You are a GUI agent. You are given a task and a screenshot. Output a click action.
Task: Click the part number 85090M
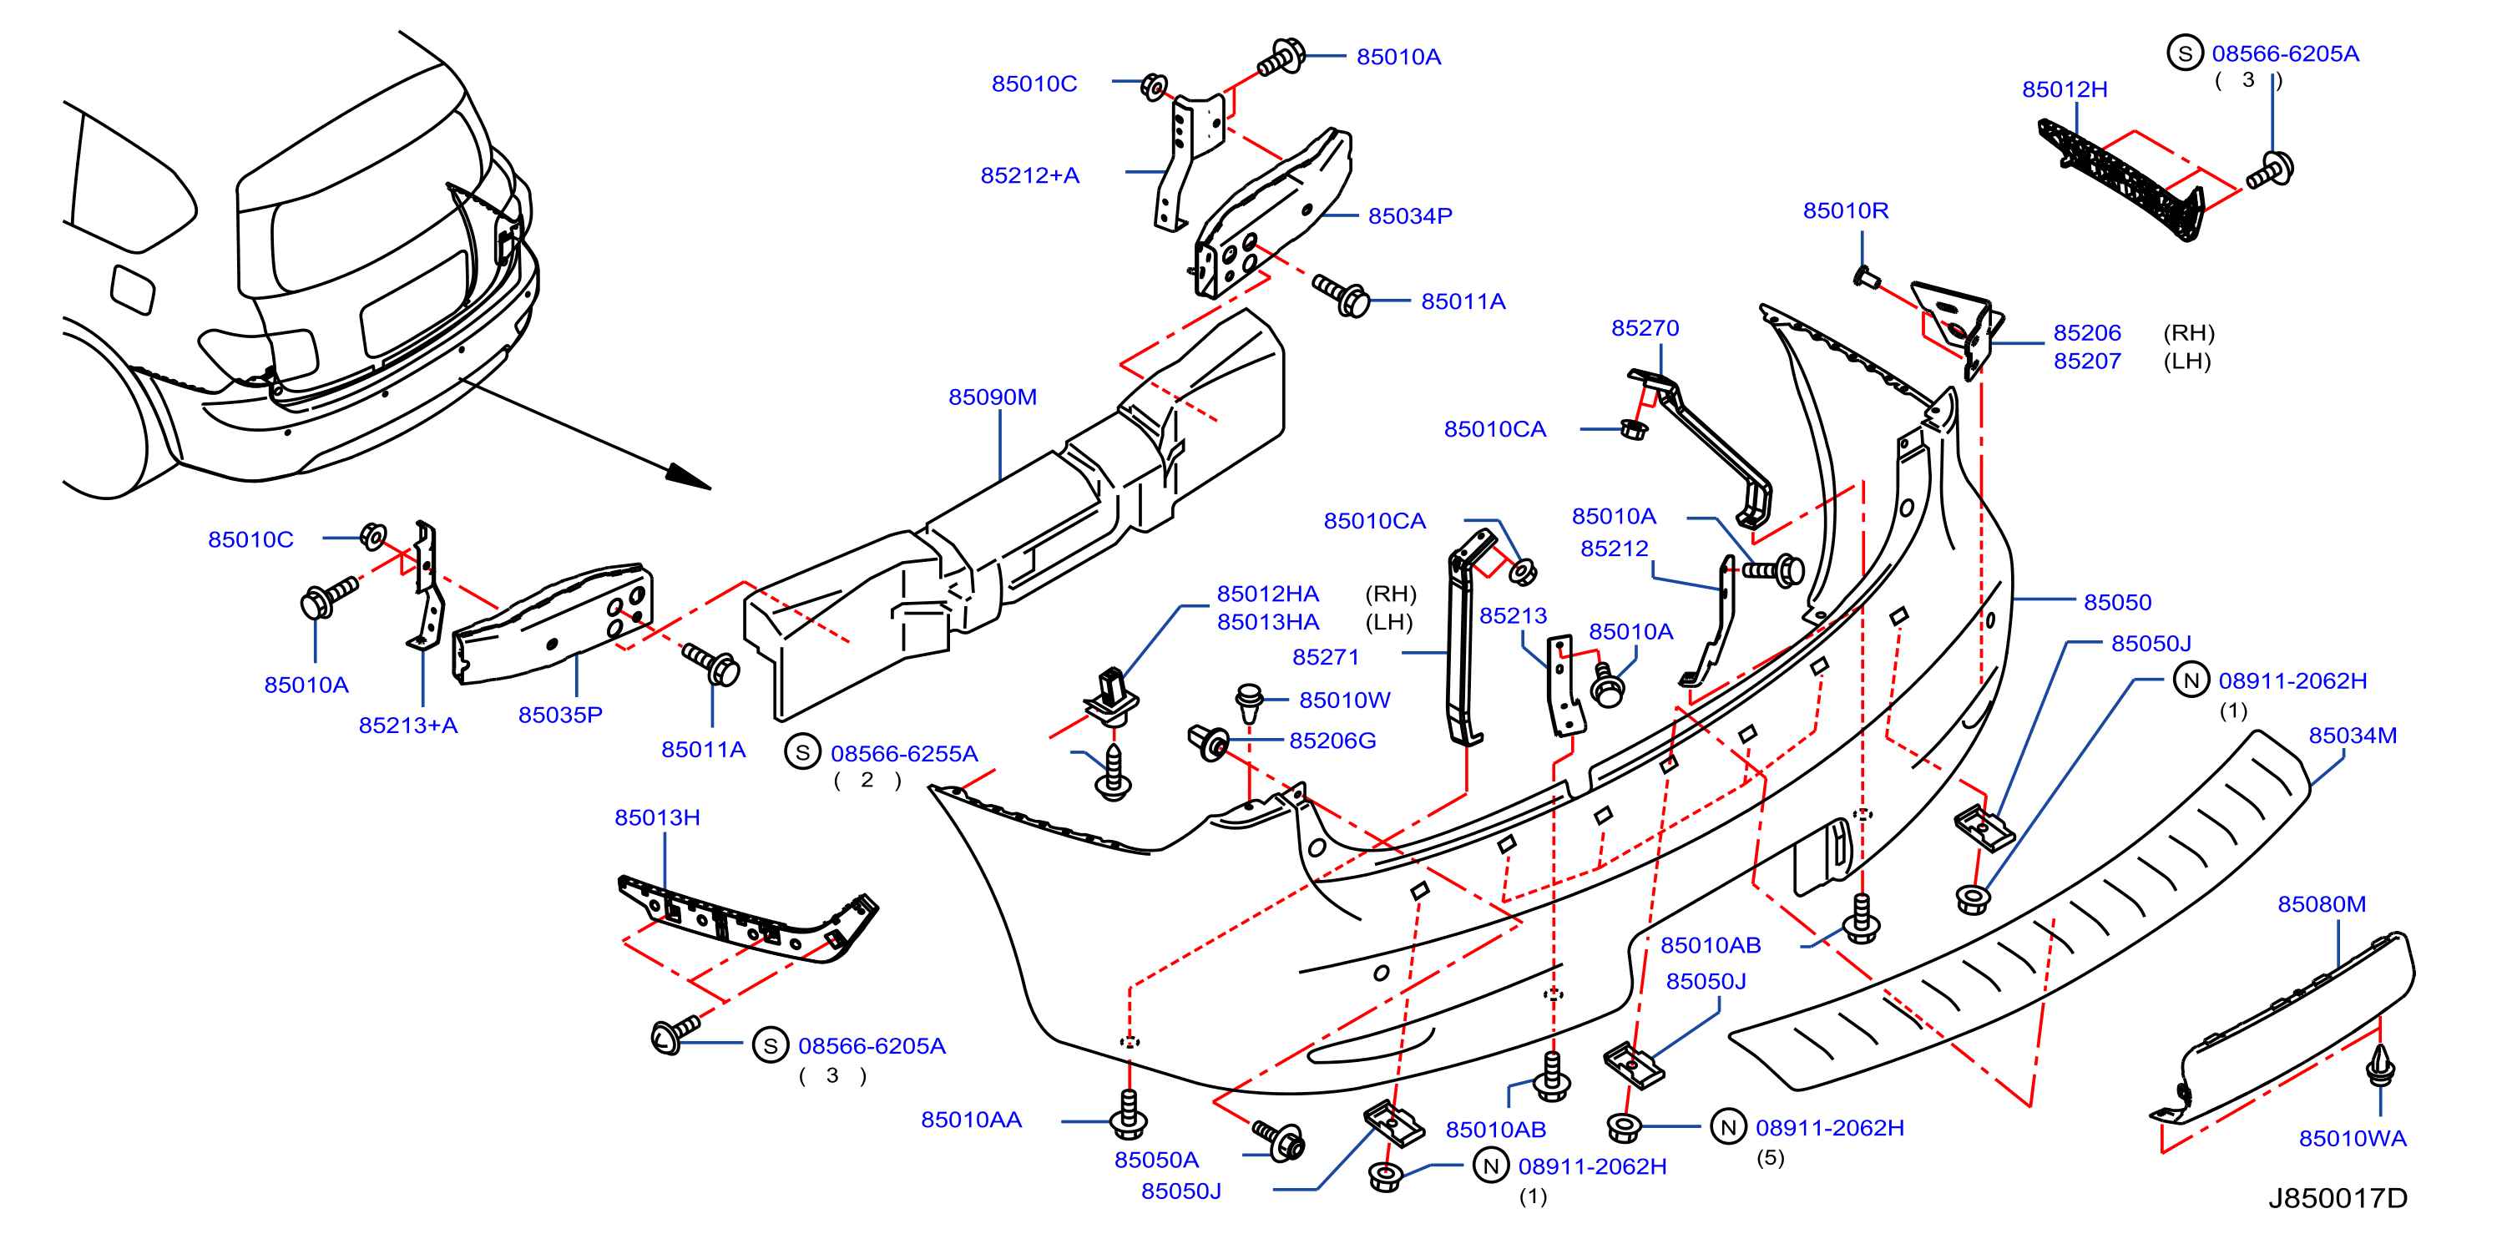pos(992,397)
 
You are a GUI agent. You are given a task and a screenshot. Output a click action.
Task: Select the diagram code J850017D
pos(2338,1198)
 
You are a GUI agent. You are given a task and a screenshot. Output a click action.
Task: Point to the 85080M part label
pos(2322,904)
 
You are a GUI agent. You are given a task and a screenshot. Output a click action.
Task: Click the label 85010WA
pos(2352,1138)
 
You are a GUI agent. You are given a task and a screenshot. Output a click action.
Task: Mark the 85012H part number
pos(2065,89)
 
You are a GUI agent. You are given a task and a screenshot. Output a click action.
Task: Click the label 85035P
pos(560,715)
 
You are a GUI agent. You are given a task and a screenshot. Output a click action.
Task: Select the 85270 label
pos(1645,327)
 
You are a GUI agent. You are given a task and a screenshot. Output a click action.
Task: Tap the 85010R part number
pos(1846,210)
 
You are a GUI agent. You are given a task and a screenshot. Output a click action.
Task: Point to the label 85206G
pos(1332,741)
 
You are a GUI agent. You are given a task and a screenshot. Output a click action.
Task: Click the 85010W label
pos(1344,700)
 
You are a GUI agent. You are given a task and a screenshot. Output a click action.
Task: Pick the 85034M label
pos(2353,735)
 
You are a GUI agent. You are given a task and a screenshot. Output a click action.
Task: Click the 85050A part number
pos(1156,1160)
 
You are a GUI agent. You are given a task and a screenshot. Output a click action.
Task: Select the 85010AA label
pos(971,1119)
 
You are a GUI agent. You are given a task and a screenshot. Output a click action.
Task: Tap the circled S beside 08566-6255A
pos(802,752)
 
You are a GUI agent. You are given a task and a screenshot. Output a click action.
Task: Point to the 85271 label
pos(1326,656)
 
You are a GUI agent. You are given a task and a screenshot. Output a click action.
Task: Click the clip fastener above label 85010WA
pos(2380,1065)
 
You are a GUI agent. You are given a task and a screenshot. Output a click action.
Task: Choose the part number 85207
pos(2087,361)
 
